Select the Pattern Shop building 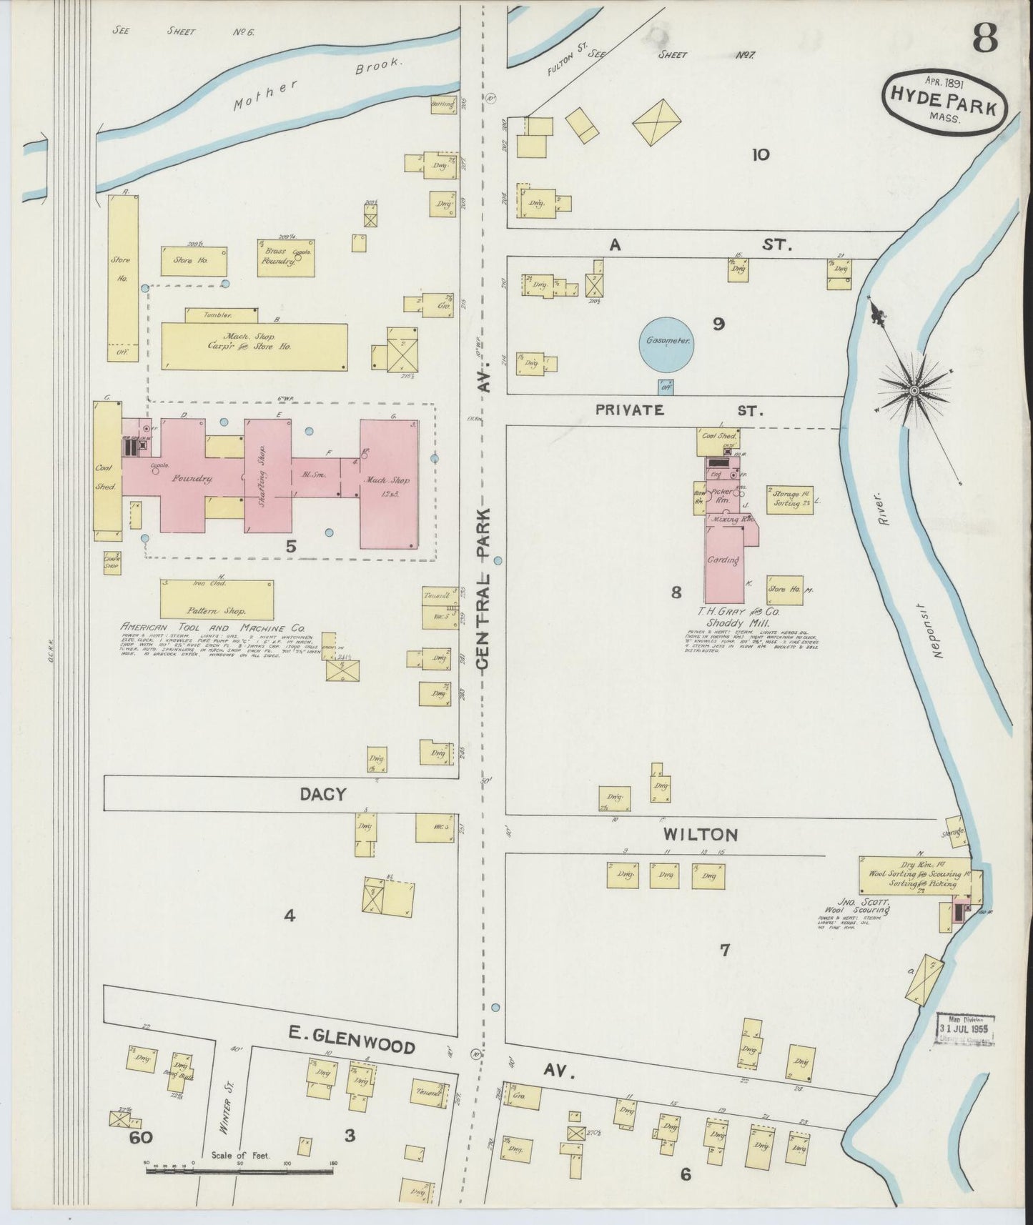coord(217,599)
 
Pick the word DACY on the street coord(322,794)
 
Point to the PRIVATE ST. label coord(679,410)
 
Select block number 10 coord(760,154)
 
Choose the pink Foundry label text coord(188,479)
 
